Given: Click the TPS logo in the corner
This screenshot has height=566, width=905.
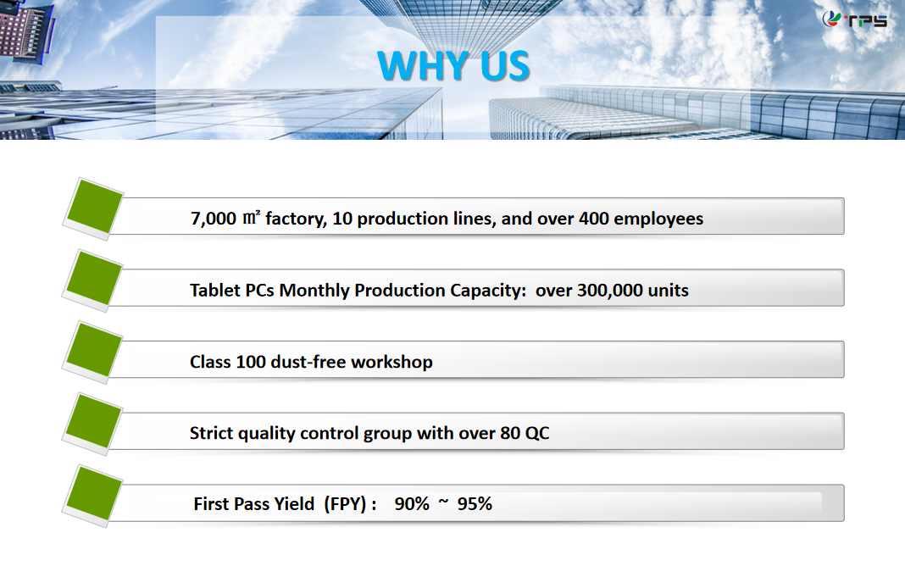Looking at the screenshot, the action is tap(855, 19).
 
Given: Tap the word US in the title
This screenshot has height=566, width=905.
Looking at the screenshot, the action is tap(505, 65).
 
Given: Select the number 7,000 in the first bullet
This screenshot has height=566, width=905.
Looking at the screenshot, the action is tap(214, 219).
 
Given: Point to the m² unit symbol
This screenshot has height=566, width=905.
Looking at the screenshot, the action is tap(252, 217).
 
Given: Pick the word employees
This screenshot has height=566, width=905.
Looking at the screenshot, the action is tap(658, 219).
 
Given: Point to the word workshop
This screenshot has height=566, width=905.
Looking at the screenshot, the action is tap(391, 362).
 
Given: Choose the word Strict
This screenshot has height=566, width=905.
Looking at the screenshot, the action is tap(211, 433).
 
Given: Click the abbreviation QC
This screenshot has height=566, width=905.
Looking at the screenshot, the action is tap(536, 433).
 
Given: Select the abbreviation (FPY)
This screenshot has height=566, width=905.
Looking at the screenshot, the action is tap(345, 504).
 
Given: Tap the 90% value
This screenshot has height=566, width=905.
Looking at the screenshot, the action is tap(412, 504).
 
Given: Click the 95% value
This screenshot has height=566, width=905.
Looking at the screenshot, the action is tap(475, 504).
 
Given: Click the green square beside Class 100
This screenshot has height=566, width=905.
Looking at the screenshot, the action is tap(93, 351).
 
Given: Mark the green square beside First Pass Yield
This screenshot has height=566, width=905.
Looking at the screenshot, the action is tap(93, 495).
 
